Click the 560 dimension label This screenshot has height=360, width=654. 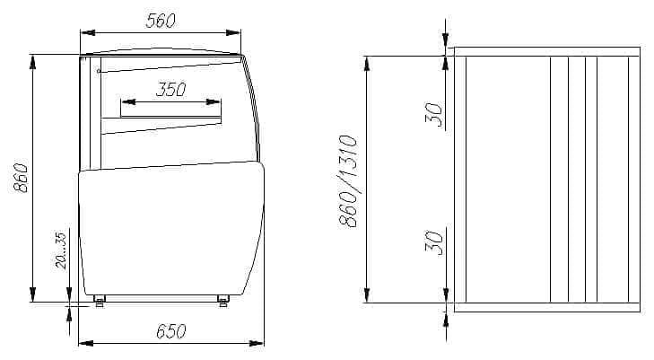pyautogui.click(x=161, y=21)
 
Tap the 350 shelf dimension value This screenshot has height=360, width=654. pyautogui.click(x=171, y=89)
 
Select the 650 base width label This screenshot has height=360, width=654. pyautogui.click(x=171, y=331)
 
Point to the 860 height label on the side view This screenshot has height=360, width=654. pyautogui.click(x=21, y=178)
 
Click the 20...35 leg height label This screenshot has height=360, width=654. pyautogui.click(x=61, y=250)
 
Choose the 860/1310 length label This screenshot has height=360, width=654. pyautogui.click(x=349, y=181)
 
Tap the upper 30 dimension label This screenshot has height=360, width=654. pyautogui.click(x=434, y=114)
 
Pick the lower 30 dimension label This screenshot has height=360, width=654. pyautogui.click(x=434, y=242)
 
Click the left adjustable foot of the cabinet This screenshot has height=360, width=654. pyautogui.click(x=100, y=301)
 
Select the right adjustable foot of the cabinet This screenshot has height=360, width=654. pyautogui.click(x=223, y=301)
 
